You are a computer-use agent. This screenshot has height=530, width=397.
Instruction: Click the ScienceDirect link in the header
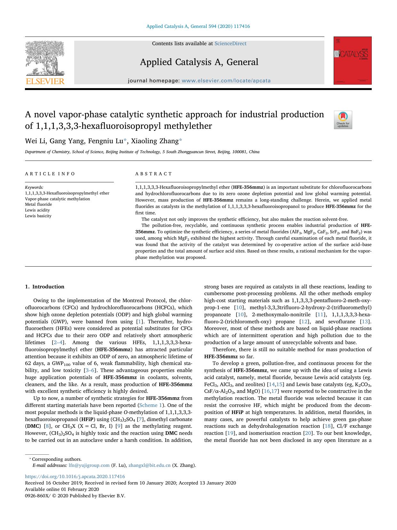[230, 44]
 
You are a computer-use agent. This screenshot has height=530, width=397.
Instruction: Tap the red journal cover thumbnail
[352, 61]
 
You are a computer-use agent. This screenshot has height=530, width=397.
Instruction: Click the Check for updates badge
[343, 120]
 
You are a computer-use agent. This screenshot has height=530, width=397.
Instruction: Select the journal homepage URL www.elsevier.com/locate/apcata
[226, 81]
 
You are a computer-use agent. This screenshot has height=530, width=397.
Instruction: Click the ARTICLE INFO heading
[50, 174]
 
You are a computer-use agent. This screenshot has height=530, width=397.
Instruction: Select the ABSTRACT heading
[154, 174]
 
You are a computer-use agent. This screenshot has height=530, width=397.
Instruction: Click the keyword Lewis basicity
[38, 216]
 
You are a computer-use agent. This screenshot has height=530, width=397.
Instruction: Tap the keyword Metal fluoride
[38, 204]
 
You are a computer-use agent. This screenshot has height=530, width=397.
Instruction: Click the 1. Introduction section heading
[44, 287]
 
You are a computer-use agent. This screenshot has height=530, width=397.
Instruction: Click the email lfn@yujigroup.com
[89, 465]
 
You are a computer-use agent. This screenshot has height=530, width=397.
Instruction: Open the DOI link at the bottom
[75, 476]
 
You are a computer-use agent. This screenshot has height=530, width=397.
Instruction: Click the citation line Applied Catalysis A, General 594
[198, 26]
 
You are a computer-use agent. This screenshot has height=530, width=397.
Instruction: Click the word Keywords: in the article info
[34, 187]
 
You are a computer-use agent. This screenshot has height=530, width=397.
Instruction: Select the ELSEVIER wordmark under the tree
[45, 81]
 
